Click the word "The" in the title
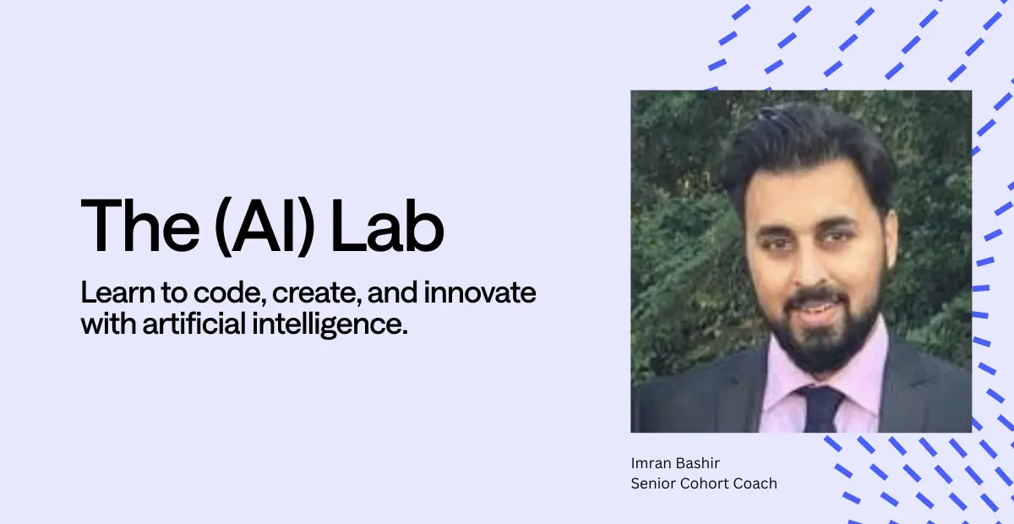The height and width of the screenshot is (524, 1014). point(140,225)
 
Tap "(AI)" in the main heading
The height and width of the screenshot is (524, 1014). point(264,227)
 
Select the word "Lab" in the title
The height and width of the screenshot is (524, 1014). point(388,225)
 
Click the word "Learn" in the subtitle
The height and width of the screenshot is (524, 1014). point(117,292)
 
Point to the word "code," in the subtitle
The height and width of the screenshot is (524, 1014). point(230,293)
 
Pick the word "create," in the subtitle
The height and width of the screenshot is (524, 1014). point(317,294)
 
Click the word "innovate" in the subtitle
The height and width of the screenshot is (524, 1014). point(480,292)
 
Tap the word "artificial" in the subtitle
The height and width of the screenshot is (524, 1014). point(194,324)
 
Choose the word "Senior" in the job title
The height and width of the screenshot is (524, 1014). point(653,483)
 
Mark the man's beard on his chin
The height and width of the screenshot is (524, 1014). point(825,344)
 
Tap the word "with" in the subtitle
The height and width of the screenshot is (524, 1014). point(109,324)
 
